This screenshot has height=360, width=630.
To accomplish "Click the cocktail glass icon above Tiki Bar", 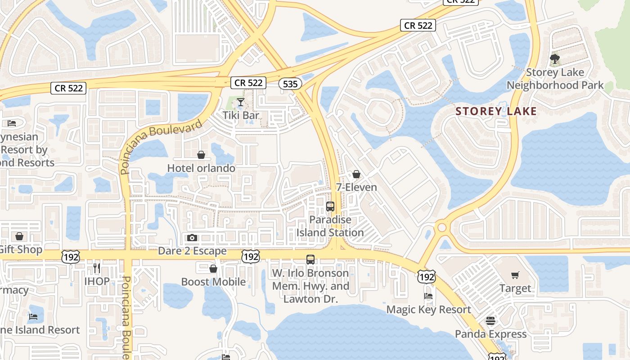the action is pyautogui.click(x=241, y=102).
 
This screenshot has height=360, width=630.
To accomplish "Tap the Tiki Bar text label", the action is pyautogui.click(x=241, y=115).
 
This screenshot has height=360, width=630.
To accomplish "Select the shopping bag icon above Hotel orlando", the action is pyautogui.click(x=201, y=155).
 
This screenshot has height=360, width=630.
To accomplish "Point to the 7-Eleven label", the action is pyautogui.click(x=356, y=187).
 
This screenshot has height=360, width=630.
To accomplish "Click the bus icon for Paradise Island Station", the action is pyautogui.click(x=330, y=207).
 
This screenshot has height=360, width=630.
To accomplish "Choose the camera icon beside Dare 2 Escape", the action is pyautogui.click(x=192, y=238).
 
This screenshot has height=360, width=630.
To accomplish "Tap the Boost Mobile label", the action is pyautogui.click(x=213, y=282).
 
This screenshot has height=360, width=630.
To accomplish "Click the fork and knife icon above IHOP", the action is pyautogui.click(x=97, y=268).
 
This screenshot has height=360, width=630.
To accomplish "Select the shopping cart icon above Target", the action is pyautogui.click(x=515, y=275).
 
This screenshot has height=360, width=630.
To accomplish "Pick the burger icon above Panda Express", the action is pyautogui.click(x=490, y=321).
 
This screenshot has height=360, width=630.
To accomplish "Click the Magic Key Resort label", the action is pyautogui.click(x=428, y=310).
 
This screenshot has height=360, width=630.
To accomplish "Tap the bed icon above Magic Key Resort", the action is pyautogui.click(x=428, y=296).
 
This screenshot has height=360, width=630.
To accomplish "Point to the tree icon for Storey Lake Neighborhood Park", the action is pyautogui.click(x=555, y=59).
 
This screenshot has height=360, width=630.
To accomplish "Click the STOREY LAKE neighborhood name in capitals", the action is pyautogui.click(x=496, y=111).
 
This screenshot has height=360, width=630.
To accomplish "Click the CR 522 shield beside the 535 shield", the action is pyautogui.click(x=248, y=83).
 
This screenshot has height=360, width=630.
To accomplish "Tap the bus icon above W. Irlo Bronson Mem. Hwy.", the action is pyautogui.click(x=310, y=260).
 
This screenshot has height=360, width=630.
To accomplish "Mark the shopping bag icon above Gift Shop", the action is pyautogui.click(x=19, y=236).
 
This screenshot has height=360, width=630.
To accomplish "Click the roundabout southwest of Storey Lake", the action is pyautogui.click(x=442, y=227).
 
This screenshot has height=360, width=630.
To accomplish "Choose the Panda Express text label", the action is pyautogui.click(x=490, y=334).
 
